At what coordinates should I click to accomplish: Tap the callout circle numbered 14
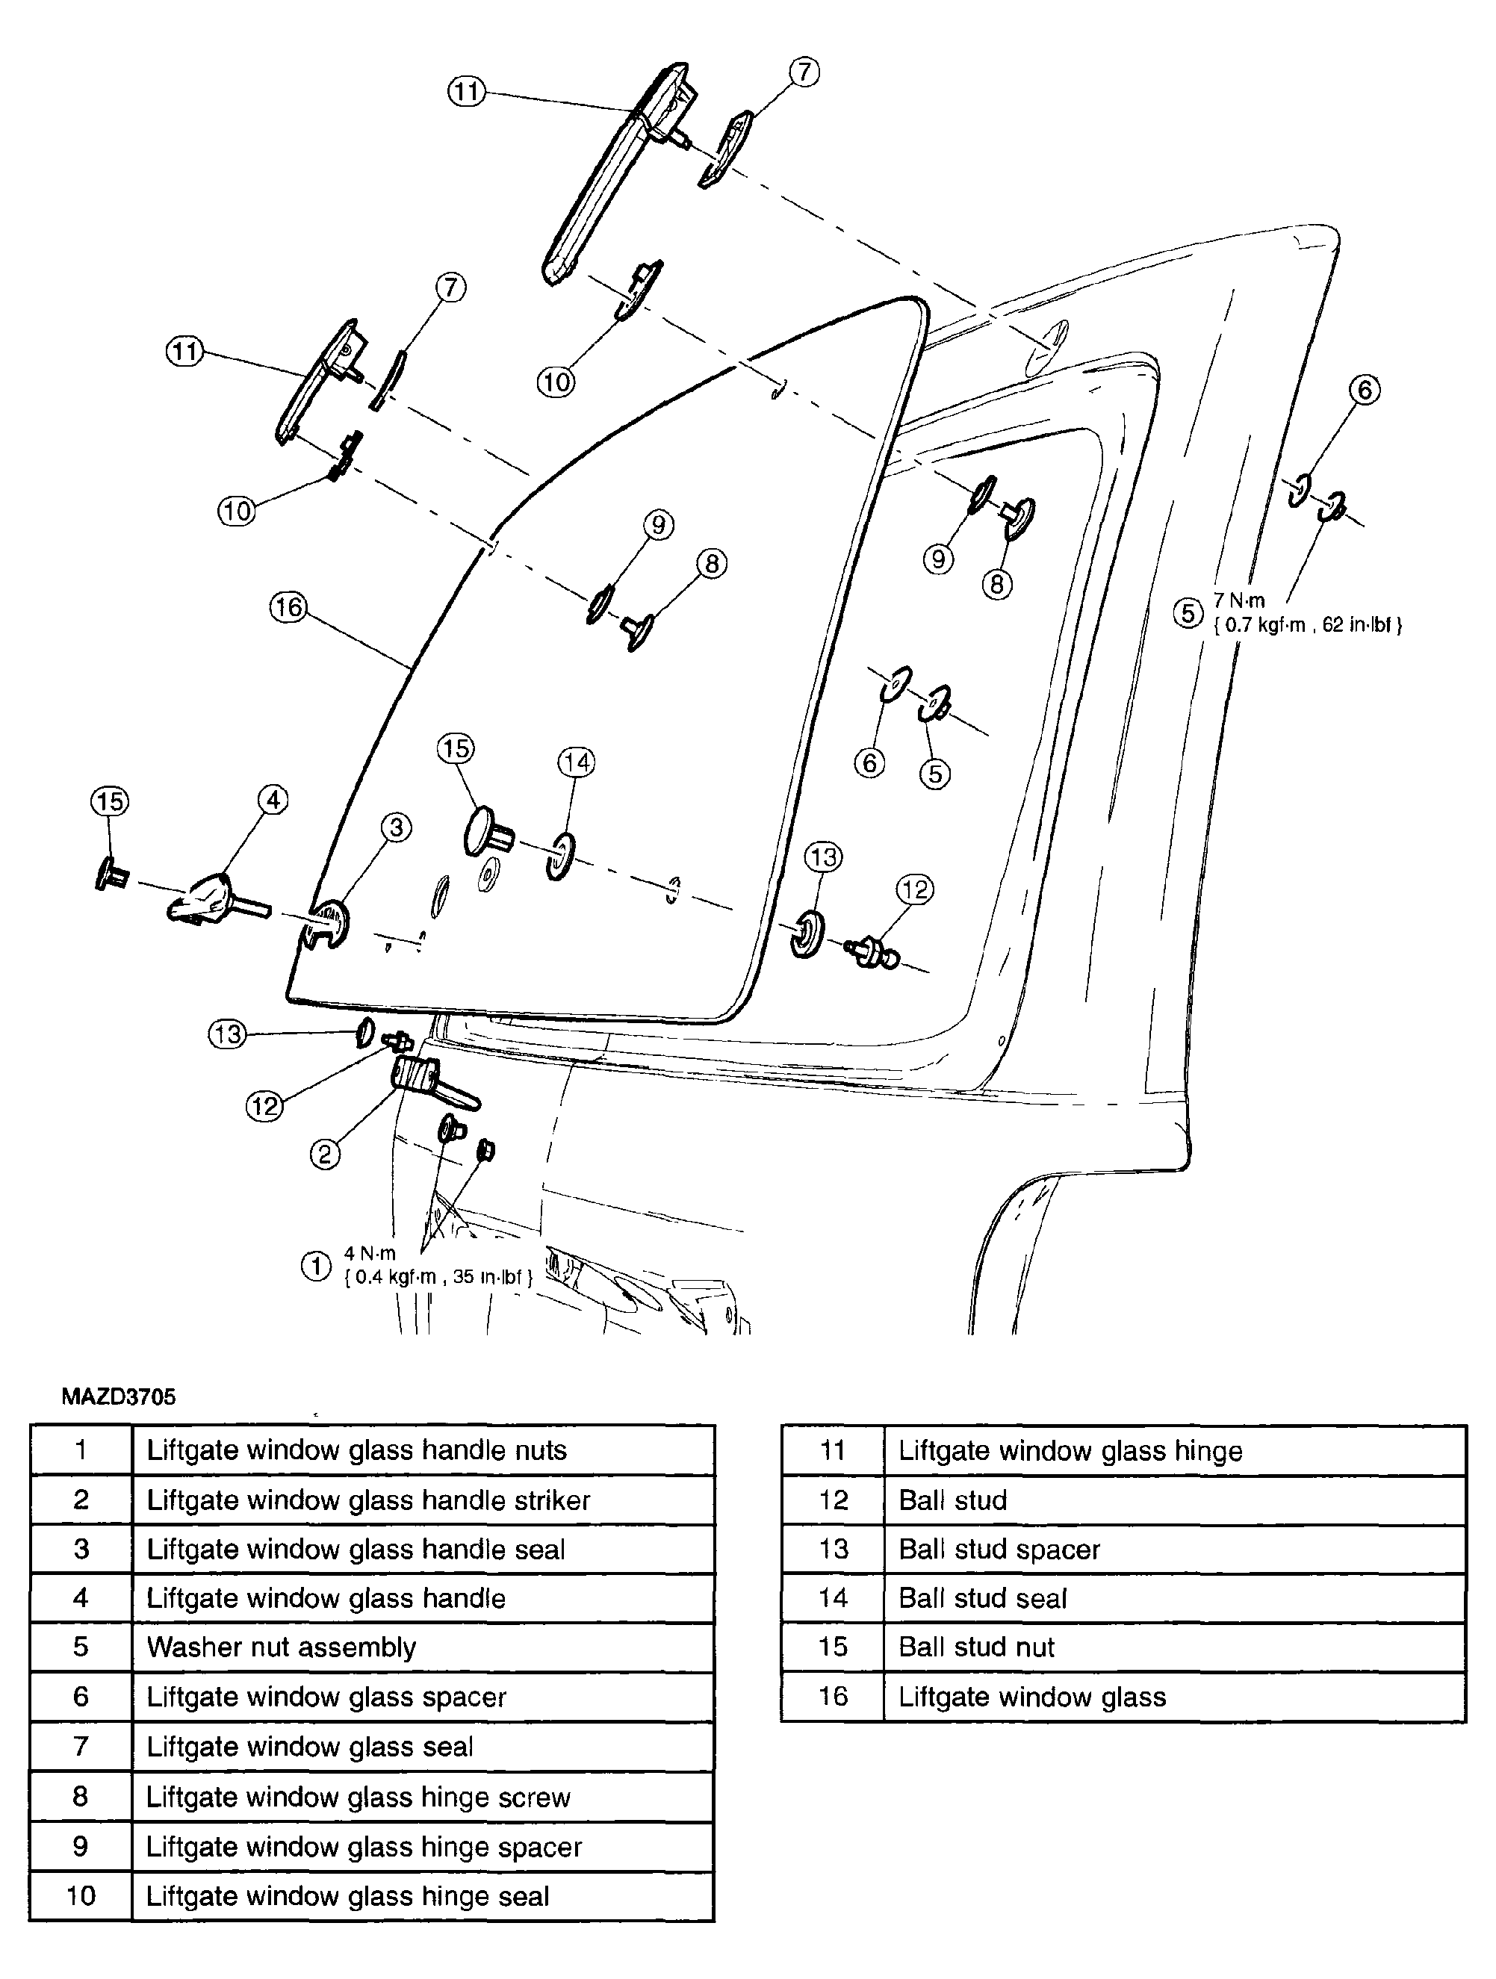click(576, 762)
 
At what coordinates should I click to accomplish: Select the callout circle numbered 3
click(397, 827)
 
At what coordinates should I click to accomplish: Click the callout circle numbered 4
click(273, 799)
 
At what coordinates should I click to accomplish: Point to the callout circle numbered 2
click(325, 1154)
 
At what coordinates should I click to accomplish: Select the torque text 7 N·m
click(1239, 601)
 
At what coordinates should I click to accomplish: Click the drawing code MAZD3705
click(118, 1396)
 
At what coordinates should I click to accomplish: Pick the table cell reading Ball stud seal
click(982, 1598)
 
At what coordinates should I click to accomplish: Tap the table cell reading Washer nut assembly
click(281, 1647)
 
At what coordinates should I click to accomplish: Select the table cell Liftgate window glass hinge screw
click(358, 1797)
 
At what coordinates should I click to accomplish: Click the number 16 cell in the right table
click(832, 1696)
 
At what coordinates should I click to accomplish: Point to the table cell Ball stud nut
click(976, 1647)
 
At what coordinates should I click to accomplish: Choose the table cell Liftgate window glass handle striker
click(367, 1500)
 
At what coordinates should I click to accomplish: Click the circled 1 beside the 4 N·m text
click(316, 1266)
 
